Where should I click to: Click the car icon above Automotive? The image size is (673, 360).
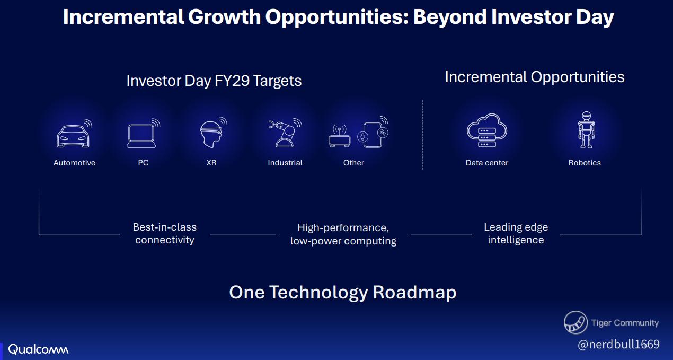(74, 134)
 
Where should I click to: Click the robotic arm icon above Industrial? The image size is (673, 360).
(285, 133)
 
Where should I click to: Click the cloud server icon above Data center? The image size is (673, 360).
(486, 130)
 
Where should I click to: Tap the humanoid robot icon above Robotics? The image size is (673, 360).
(586, 130)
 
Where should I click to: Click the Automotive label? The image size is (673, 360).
(74, 163)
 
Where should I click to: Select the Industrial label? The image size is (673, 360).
(285, 163)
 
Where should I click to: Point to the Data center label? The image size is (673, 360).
(486, 163)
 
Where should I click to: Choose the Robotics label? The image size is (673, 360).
(585, 163)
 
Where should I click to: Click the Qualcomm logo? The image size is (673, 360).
(38, 349)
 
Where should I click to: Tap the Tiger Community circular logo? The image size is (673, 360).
(575, 322)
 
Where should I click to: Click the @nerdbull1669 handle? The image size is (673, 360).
(618, 344)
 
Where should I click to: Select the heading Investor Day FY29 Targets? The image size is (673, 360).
(214, 81)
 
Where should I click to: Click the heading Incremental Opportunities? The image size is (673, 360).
(535, 77)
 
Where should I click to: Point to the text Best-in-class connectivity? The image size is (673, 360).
(165, 233)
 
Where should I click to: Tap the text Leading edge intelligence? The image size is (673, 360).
(516, 233)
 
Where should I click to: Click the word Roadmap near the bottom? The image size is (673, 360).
(414, 292)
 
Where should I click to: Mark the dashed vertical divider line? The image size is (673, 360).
(423, 135)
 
